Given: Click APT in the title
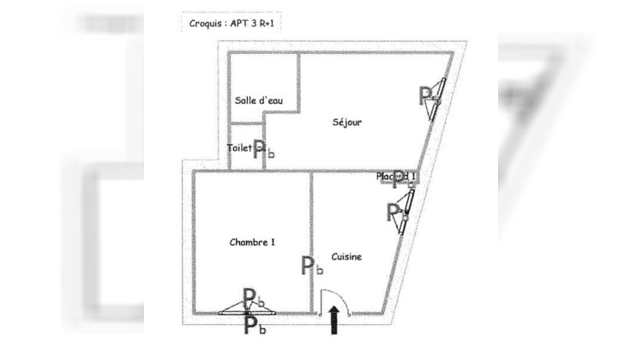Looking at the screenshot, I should tap(243, 24).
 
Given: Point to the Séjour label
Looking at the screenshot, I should tap(347, 122).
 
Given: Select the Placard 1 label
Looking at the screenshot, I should tap(395, 177).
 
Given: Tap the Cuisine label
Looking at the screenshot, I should tap(346, 256).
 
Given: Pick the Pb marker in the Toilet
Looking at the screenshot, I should tap(263, 148).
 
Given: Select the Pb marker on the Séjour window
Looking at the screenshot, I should tap(428, 95).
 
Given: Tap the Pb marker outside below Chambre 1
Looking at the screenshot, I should tap(254, 326).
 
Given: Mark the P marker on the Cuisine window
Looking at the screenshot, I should tap(395, 212).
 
